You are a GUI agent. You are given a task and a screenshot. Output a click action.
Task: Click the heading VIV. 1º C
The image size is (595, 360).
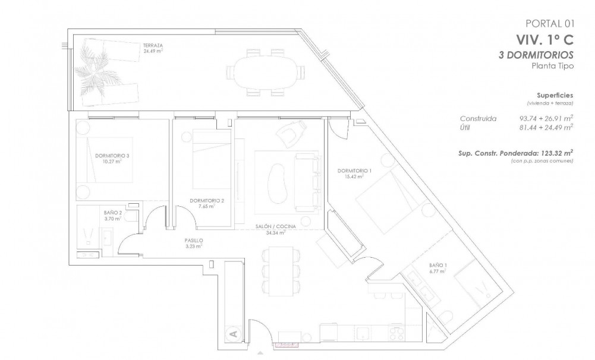tap(544, 39)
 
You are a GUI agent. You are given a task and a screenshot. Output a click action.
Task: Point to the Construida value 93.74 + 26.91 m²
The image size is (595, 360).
tap(546, 118)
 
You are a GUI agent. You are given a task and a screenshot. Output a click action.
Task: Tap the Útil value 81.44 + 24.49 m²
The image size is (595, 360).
tap(546, 127)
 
